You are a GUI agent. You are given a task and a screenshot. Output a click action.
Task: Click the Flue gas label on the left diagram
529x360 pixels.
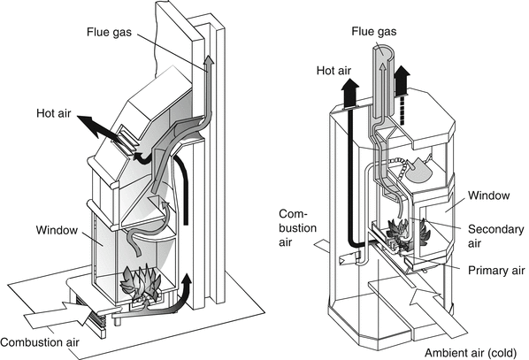109,32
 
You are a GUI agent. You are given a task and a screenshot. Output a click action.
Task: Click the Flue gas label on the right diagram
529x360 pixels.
374,31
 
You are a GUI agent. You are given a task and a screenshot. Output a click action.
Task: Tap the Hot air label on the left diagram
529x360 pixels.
54,113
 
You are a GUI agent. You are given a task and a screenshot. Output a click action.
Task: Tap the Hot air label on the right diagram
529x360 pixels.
333,71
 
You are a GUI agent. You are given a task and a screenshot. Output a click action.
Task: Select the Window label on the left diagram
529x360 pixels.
57,230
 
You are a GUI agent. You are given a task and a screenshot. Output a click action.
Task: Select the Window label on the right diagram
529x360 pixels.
489,195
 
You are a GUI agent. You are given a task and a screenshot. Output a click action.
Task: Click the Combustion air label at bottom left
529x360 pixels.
40,342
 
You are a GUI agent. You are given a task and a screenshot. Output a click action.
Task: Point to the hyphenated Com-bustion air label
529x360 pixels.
297,228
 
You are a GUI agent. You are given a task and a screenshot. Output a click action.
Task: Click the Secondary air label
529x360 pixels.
495,236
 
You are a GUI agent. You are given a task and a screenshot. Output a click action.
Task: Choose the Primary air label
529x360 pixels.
496,271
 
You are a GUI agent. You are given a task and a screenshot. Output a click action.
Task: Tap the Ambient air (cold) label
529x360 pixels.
471,353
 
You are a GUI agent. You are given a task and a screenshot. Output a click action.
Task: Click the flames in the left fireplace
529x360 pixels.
141,283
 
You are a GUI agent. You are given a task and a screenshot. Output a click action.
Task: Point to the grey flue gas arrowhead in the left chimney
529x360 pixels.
209,61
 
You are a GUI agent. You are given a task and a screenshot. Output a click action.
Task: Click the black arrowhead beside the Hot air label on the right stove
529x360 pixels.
350,87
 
